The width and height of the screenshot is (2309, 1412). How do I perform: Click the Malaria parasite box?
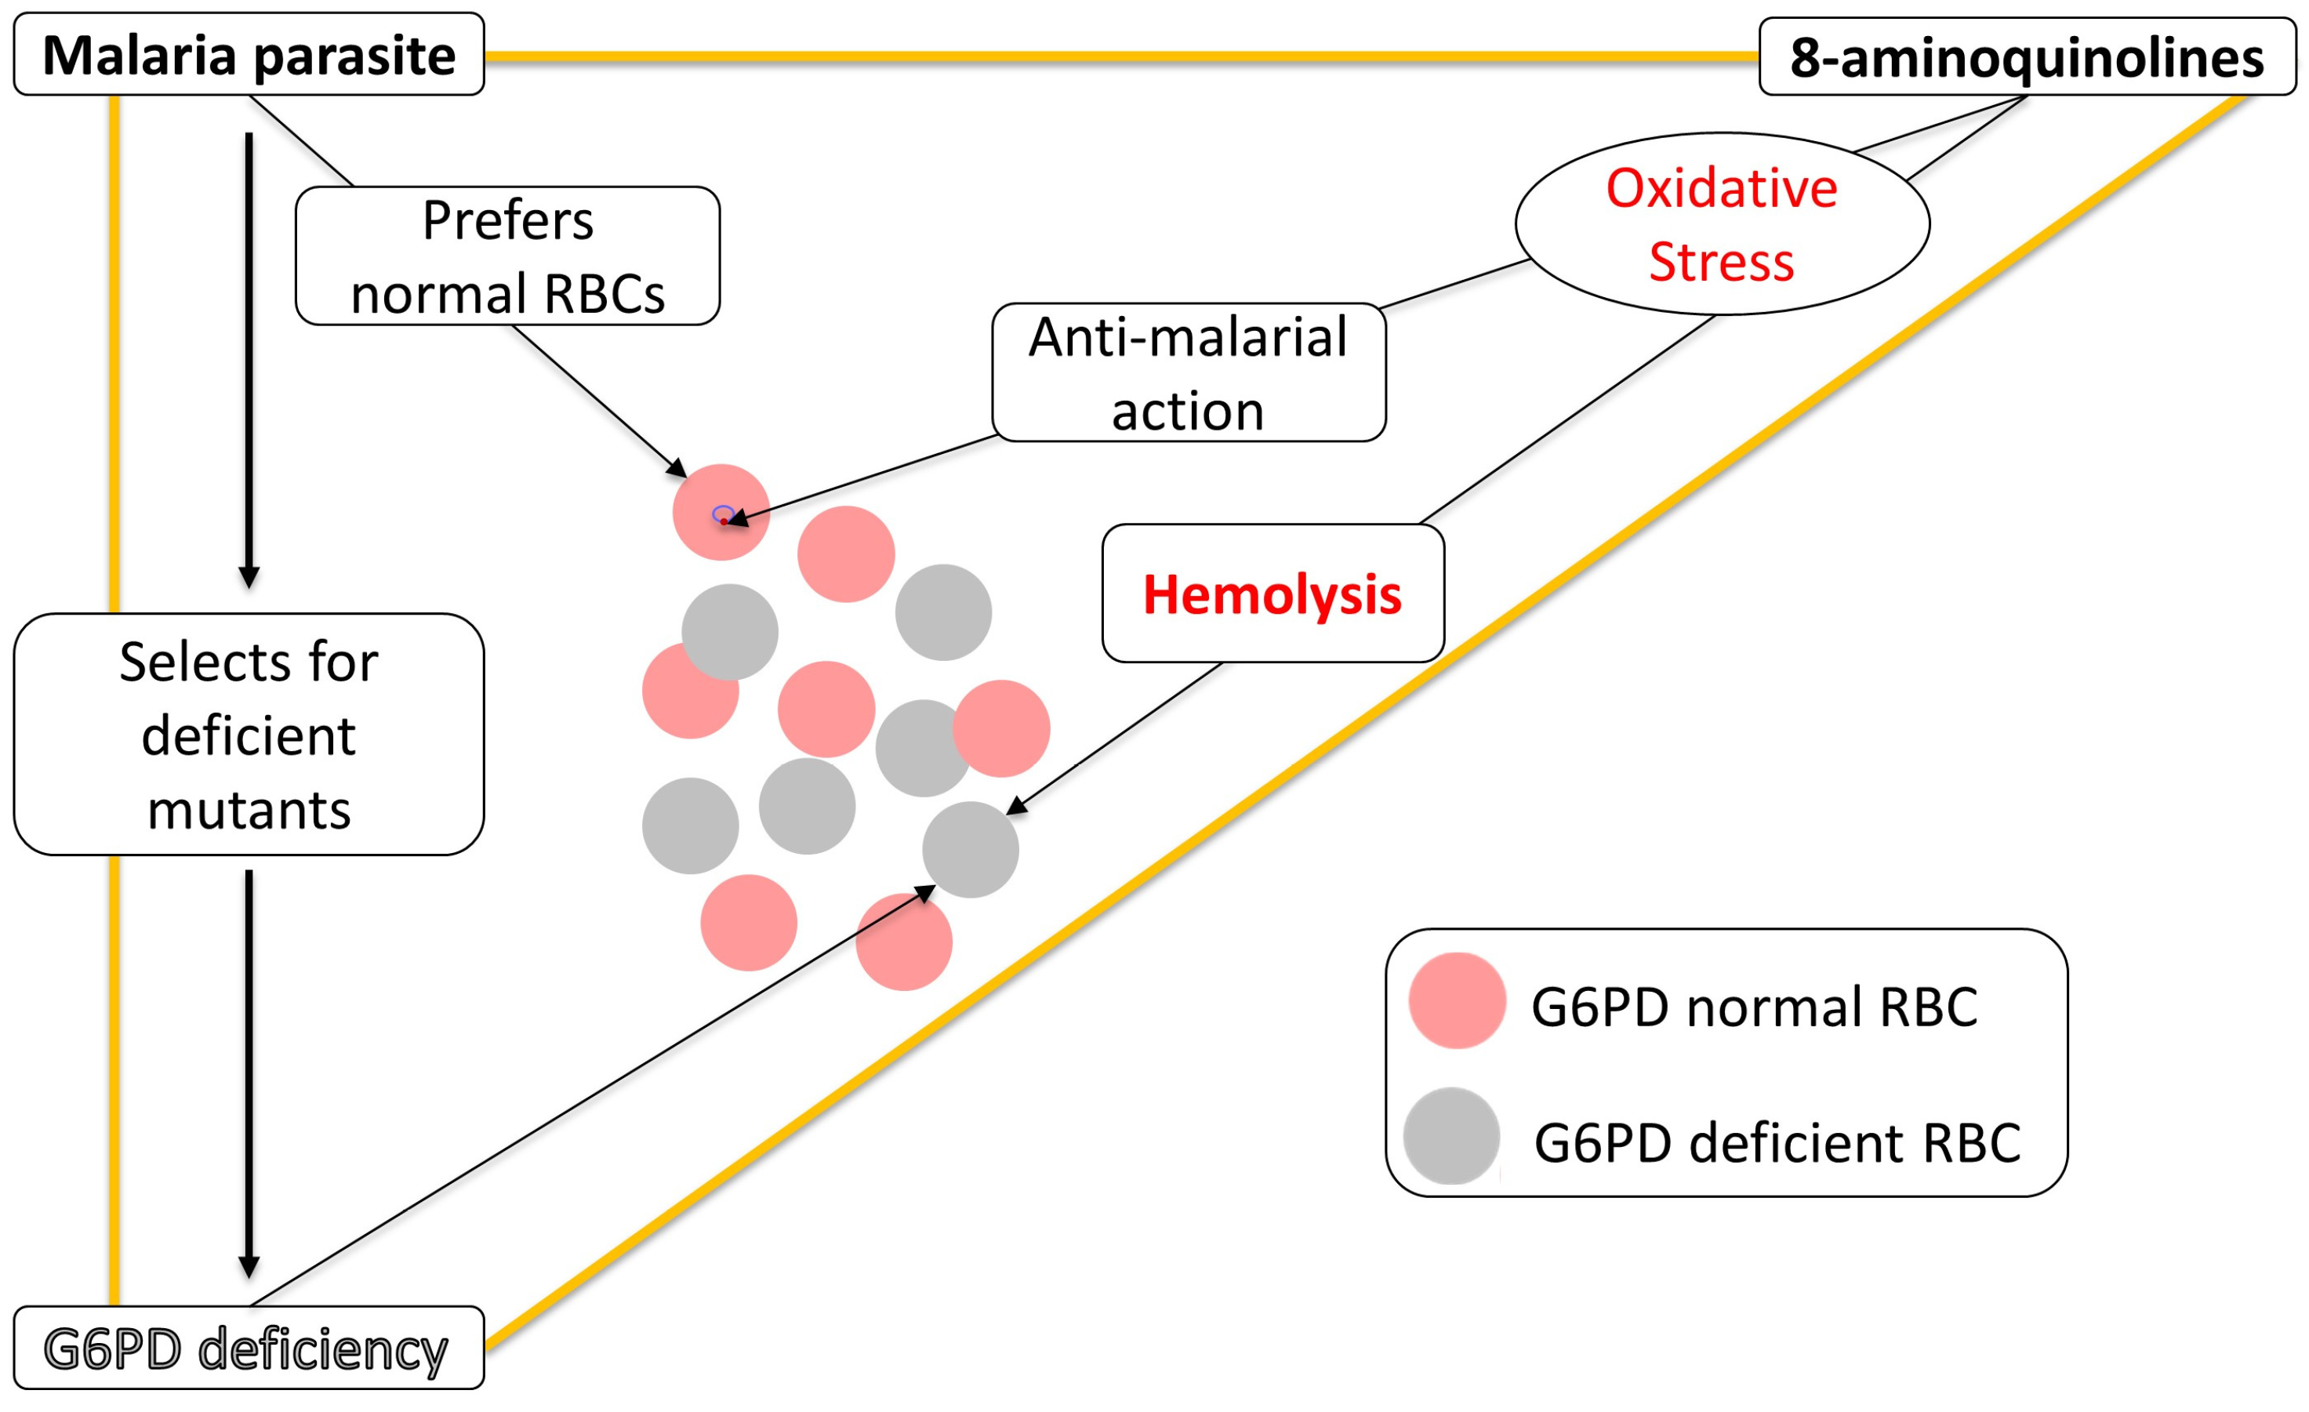pos(249,54)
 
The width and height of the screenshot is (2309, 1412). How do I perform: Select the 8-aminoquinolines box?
pos(2026,57)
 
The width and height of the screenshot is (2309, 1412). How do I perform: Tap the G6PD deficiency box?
pos(249,1348)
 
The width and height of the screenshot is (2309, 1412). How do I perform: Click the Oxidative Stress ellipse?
pos(1722,224)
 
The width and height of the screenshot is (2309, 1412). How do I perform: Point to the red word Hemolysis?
pos(1272,594)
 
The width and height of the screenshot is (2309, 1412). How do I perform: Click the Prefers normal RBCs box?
pos(507,256)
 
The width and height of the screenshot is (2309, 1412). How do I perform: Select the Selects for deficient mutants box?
pos(249,734)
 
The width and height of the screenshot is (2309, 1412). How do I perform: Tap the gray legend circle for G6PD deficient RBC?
pos(1450,1135)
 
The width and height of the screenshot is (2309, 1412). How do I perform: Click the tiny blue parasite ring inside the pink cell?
pos(723,514)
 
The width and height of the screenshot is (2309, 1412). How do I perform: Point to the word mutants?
pos(249,808)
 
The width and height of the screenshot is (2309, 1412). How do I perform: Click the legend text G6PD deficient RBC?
pos(1777,1142)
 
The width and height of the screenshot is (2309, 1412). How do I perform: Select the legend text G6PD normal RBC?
pos(1753,1007)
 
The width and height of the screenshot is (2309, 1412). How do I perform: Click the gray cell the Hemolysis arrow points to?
pos(970,850)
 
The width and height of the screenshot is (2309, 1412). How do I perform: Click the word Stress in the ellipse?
pos(1722,260)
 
